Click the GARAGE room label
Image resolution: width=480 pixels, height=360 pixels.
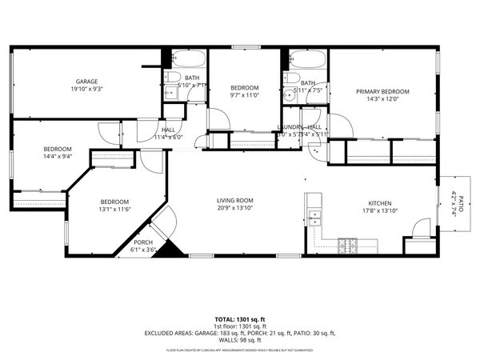pos(86,82)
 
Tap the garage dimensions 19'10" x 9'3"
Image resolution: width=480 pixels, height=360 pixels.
pos(86,90)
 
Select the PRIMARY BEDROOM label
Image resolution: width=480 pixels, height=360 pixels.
pos(382,92)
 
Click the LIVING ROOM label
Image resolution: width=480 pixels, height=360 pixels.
pos(234,200)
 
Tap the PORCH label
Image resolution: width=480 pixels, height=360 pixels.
pos(143,242)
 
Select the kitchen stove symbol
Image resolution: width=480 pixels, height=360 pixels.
pos(347,242)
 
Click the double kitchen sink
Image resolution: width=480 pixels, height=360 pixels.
pos(315,216)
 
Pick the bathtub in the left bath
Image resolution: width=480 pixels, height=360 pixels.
pos(186,59)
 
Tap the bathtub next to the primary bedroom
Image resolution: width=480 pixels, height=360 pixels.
pos(305,61)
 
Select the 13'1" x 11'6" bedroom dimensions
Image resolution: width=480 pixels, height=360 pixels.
pos(114,210)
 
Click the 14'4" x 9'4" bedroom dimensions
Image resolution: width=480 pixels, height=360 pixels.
pos(58,157)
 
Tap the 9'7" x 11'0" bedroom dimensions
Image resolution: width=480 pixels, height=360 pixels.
pos(244,95)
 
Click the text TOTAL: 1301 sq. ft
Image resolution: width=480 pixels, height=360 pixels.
pos(239,318)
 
